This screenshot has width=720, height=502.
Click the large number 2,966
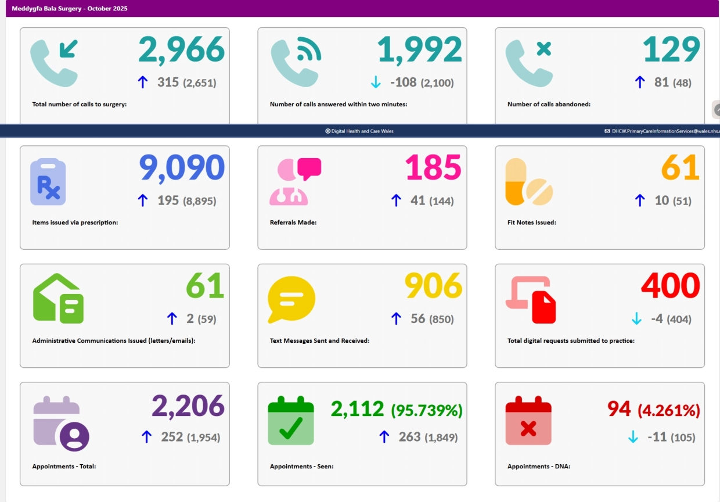click(x=181, y=50)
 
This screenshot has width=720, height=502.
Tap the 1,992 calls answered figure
click(x=420, y=50)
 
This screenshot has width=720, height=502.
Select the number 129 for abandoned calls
click(x=671, y=50)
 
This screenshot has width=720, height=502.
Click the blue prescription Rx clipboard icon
click(x=48, y=182)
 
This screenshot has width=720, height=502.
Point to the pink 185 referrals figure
click(x=433, y=168)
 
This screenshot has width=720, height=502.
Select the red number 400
click(x=671, y=286)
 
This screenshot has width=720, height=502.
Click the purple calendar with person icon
click(x=61, y=424)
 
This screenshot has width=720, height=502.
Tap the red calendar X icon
click(x=528, y=420)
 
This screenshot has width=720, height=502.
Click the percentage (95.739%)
click(x=427, y=411)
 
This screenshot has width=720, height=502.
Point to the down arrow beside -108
click(x=376, y=83)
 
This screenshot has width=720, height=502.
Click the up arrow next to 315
click(x=143, y=83)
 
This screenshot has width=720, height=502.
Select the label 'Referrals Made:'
click(x=293, y=223)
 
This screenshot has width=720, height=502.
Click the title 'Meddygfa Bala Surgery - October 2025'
click(x=70, y=9)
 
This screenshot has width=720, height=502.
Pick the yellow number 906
click(x=433, y=286)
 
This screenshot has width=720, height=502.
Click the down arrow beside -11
click(x=633, y=437)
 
